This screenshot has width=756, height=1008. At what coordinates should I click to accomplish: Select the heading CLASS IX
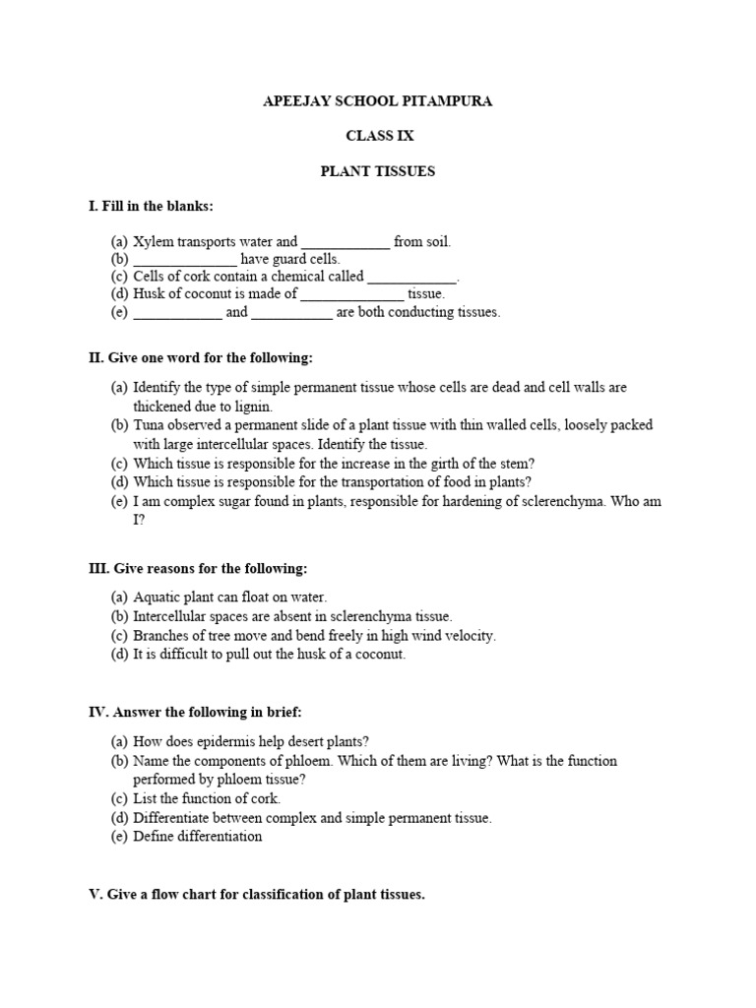pos(379,136)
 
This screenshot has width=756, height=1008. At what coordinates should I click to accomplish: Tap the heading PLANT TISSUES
pos(378,171)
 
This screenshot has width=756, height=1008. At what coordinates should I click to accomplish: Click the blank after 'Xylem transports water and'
pos(346,242)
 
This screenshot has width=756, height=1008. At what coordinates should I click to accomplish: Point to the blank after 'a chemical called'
pos(411,278)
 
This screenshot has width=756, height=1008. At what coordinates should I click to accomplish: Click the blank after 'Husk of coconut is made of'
pos(352,294)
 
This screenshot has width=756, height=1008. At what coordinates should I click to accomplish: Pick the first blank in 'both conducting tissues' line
pos(177,313)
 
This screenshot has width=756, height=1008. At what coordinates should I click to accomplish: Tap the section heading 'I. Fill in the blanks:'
pos(151,206)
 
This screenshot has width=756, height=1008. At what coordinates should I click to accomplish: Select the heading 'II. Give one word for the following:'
pos(201,357)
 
